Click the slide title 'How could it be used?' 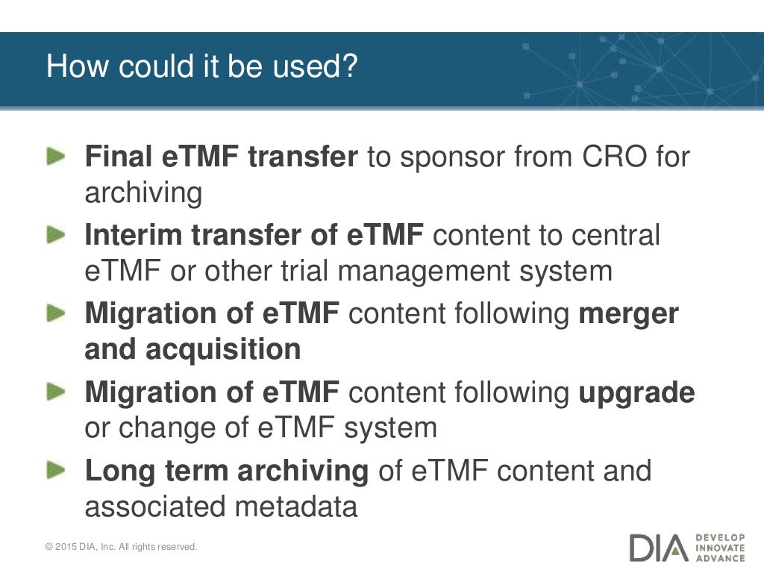[201, 66]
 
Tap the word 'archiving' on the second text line [143, 193]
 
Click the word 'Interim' [134, 235]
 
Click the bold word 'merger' [629, 313]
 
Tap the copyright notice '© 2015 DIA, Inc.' [90, 547]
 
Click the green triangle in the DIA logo [676, 550]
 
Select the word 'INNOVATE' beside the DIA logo [719, 548]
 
